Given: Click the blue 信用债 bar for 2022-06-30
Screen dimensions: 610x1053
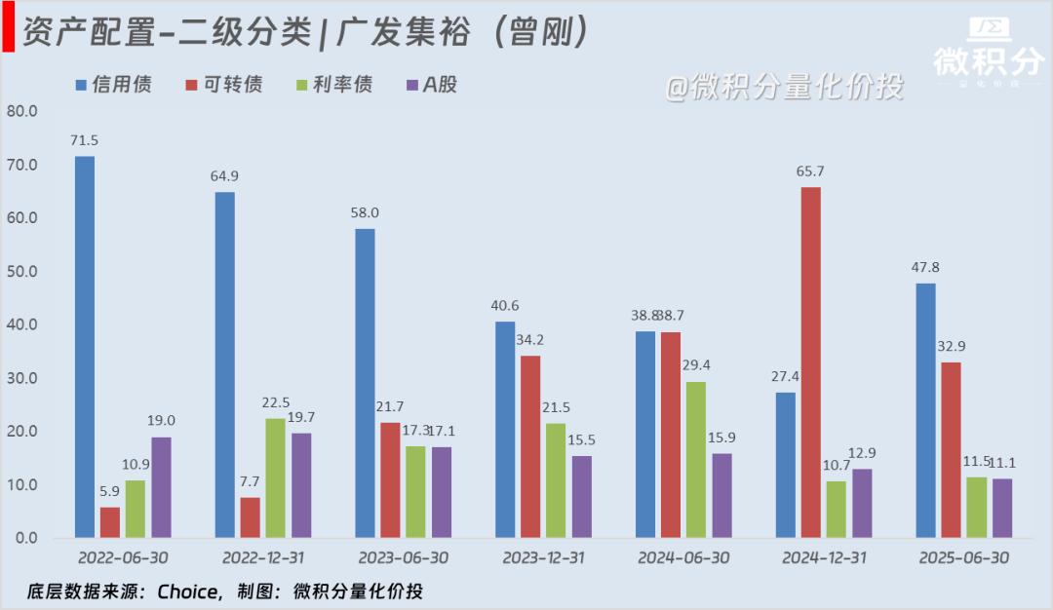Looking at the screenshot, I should [x=85, y=347].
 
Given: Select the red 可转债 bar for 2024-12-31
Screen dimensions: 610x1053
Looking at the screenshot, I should [x=810, y=362].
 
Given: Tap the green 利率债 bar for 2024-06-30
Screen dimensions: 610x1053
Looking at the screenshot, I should [x=695, y=459].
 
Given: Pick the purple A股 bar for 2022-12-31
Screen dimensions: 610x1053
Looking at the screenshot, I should [x=300, y=485].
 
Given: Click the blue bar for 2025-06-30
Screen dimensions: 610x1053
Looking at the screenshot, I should [x=925, y=410].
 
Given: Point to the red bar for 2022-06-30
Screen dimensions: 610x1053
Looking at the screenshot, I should [x=110, y=522].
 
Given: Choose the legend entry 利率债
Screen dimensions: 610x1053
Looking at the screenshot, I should [x=332, y=85].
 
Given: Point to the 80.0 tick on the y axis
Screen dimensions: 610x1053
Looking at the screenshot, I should [x=21, y=111].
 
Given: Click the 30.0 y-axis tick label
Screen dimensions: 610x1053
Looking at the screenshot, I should [x=21, y=378].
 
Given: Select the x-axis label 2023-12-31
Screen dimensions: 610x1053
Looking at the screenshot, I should [x=543, y=558].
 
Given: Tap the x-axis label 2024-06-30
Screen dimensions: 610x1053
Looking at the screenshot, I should [x=683, y=558].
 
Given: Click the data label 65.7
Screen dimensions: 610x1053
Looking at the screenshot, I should [x=809, y=172].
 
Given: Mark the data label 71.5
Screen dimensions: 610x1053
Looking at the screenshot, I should [x=84, y=140].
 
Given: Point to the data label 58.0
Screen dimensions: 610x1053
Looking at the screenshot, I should [x=365, y=212].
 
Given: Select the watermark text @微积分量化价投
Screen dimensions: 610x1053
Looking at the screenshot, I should [x=784, y=88].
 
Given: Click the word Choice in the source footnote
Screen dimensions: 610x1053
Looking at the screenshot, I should [x=187, y=591].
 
